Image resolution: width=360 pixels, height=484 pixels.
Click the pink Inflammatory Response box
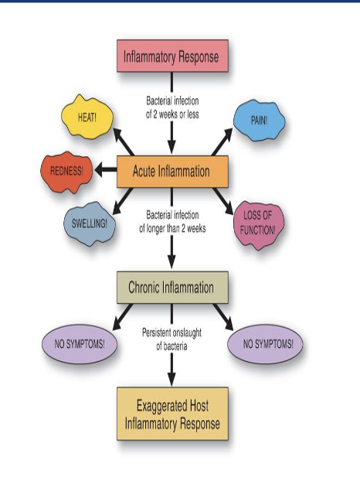(172, 56)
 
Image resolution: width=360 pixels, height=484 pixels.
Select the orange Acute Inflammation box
(172, 172)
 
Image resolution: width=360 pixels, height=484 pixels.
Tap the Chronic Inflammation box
(172, 288)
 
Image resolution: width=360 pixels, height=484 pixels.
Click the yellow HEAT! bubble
(87, 116)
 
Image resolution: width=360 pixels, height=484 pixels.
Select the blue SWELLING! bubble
(90, 224)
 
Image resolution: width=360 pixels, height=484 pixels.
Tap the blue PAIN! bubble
(259, 120)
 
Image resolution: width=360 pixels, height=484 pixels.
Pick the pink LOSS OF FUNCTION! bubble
(259, 223)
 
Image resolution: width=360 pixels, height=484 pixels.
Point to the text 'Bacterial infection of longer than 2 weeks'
(172, 222)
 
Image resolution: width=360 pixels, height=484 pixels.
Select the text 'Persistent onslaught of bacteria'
(172, 339)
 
